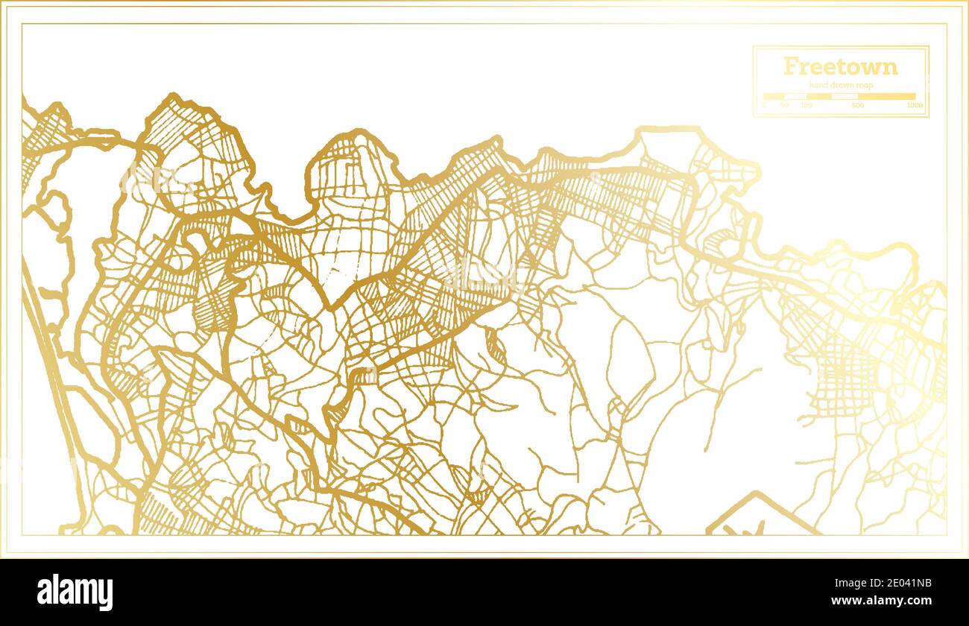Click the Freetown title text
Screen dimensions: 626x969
[840, 66]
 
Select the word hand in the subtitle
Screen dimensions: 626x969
[818, 86]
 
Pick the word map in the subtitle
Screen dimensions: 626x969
[864, 86]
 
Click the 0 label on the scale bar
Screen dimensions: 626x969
[763, 106]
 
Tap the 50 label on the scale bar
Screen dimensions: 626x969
[784, 106]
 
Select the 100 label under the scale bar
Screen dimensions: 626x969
[806, 106]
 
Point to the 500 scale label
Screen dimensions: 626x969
[857, 106]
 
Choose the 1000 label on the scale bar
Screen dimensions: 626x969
[915, 106]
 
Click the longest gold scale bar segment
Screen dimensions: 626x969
[886, 96]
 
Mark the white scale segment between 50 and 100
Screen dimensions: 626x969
[795, 96]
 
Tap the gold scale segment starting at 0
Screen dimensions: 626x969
[774, 96]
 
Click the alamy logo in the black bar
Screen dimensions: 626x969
[75, 592]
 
